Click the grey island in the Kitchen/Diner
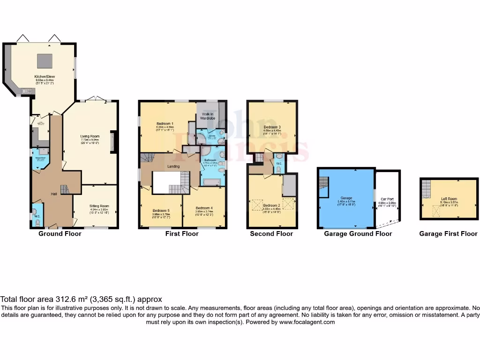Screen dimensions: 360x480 coord(45,60)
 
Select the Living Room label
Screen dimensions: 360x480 coord(90,136)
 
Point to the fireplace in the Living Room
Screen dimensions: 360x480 coord(112,142)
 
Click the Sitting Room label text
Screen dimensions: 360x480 coord(99,206)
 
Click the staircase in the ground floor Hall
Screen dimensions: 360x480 coord(65,189)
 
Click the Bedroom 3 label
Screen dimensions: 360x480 coord(272,127)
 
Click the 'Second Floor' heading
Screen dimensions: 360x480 coord(271,233)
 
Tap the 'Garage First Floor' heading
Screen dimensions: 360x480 coord(448,233)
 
